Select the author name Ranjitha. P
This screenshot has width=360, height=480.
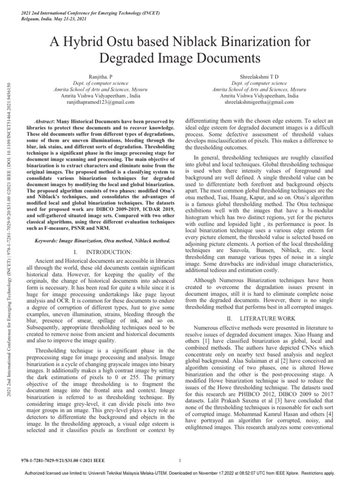101,75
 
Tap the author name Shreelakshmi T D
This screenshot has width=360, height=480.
259,75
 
